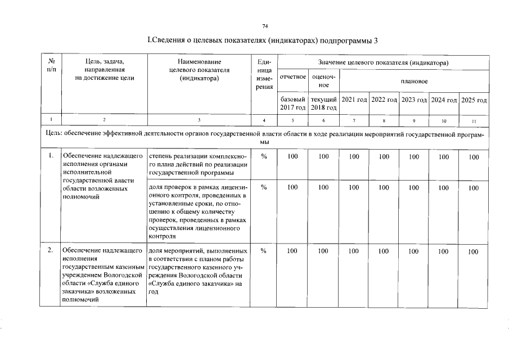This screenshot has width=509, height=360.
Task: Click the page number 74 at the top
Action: pyautogui.click(x=265, y=26)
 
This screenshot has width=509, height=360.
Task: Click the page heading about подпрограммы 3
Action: pyautogui.click(x=262, y=40)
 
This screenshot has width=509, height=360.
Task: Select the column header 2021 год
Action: pyautogui.click(x=354, y=100)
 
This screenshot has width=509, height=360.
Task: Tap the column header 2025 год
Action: pyautogui.click(x=474, y=100)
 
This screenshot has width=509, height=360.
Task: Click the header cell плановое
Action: pyautogui.click(x=414, y=81)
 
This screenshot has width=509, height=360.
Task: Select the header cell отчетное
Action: pyautogui.click(x=292, y=77)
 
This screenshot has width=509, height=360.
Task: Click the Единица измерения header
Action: pyautogui.click(x=263, y=77)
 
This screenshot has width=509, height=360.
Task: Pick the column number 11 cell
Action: pyautogui.click(x=474, y=120)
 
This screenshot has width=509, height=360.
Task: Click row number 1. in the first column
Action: pyautogui.click(x=51, y=156)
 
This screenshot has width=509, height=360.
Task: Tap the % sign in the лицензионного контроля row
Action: pyautogui.click(x=263, y=187)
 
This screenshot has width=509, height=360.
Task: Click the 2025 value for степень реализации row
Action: pyautogui.click(x=474, y=157)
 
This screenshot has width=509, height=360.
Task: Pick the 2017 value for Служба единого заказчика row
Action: pyautogui.click(x=292, y=251)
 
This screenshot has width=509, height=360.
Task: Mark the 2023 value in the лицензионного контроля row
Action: pyautogui.click(x=414, y=187)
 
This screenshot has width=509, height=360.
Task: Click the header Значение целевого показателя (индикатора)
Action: pyautogui.click(x=384, y=61)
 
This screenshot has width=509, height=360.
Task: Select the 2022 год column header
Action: pyautogui.click(x=384, y=100)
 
